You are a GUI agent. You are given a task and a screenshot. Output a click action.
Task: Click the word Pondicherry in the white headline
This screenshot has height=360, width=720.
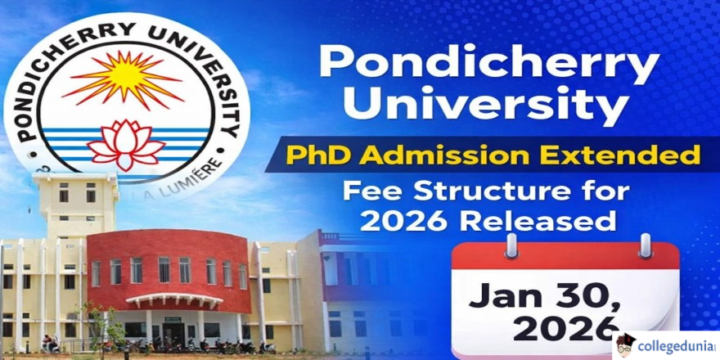coord(490,63)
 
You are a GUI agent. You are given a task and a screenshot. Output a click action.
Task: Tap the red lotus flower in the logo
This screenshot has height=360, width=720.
coord(126,144)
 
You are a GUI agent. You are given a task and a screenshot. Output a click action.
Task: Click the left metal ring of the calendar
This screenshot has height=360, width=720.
coord(511,246)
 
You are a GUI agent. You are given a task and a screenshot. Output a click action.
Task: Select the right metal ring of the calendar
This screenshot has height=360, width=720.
coord(646,246)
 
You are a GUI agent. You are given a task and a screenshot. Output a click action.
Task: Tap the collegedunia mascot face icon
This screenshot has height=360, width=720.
coord(625,345)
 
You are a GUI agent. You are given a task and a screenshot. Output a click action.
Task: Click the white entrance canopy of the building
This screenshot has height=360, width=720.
coord(174,299)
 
